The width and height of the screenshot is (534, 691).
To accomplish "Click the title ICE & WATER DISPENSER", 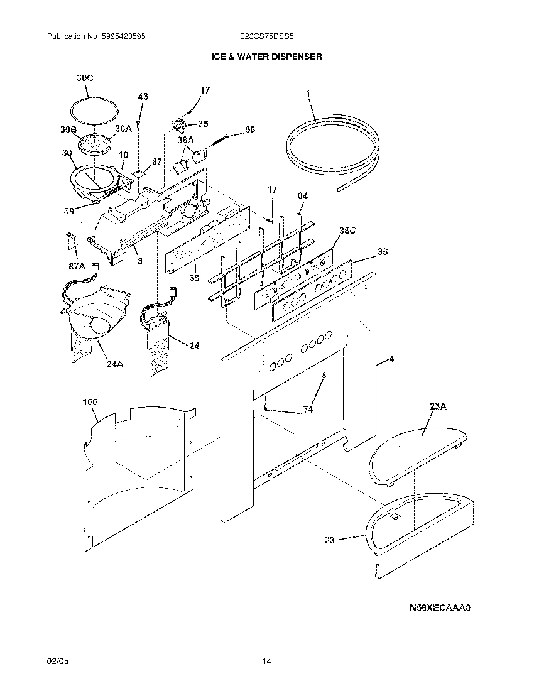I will pyautogui.click(x=266, y=57).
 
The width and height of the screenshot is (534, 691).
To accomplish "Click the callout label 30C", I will pyautogui.click(x=85, y=78).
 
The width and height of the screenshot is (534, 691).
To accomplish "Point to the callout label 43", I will pyautogui.click(x=143, y=96).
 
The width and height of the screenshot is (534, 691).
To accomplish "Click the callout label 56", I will pyautogui.click(x=250, y=129).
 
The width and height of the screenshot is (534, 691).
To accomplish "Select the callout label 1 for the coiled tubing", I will pyautogui.click(x=308, y=93).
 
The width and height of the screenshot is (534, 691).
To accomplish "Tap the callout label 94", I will pyautogui.click(x=303, y=196).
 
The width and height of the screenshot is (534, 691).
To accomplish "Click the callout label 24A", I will pyautogui.click(x=114, y=362).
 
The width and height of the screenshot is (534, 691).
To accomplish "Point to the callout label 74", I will pyautogui.click(x=308, y=410).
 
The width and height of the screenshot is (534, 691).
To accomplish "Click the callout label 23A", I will pyautogui.click(x=438, y=406).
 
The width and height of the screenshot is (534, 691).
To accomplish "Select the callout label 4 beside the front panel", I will pyautogui.click(x=391, y=360).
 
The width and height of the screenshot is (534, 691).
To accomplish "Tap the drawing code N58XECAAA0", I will pyautogui.click(x=440, y=608).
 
